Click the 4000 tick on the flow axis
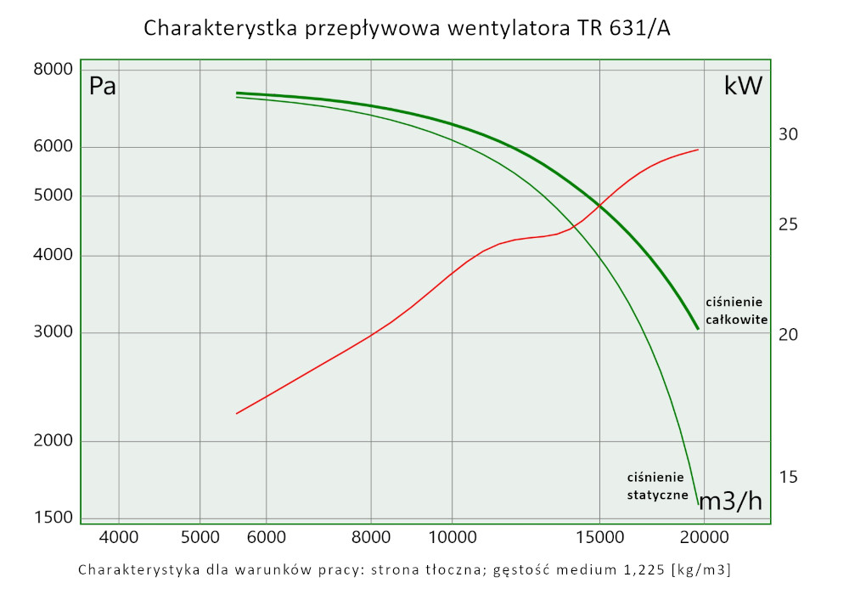click(119, 537)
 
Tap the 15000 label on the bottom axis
click(599, 537)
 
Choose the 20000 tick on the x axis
click(704, 537)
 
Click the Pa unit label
click(102, 86)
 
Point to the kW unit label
click(743, 86)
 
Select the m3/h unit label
click(730, 501)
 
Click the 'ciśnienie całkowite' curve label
click(736, 311)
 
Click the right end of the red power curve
click(698, 150)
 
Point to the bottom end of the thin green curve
click(699, 505)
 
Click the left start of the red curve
click(237, 413)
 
